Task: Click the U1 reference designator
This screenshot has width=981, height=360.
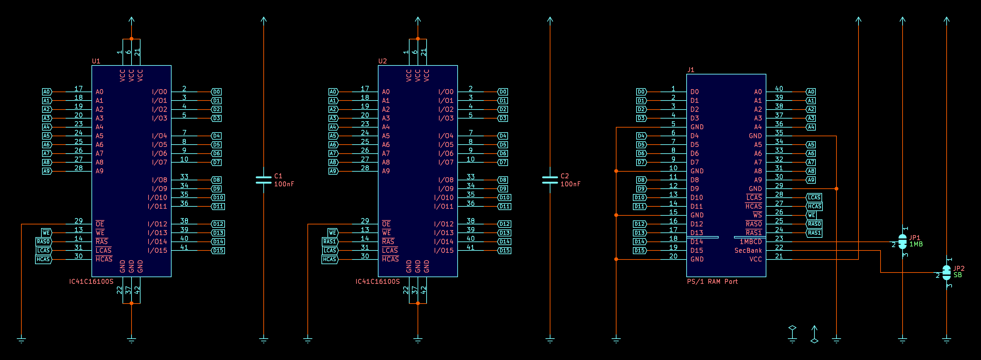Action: tap(96, 61)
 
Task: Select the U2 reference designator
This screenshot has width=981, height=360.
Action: tap(382, 61)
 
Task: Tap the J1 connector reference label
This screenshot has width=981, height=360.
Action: tap(691, 70)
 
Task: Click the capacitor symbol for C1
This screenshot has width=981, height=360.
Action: tap(264, 180)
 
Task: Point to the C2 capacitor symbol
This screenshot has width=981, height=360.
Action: tap(550, 180)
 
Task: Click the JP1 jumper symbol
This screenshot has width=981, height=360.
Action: tap(902, 241)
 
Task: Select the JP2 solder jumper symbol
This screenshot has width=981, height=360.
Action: tap(946, 273)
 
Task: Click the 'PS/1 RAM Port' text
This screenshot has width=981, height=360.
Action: tap(712, 282)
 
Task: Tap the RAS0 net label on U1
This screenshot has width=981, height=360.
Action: tap(43, 241)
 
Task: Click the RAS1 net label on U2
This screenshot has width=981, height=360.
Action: tap(330, 241)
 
